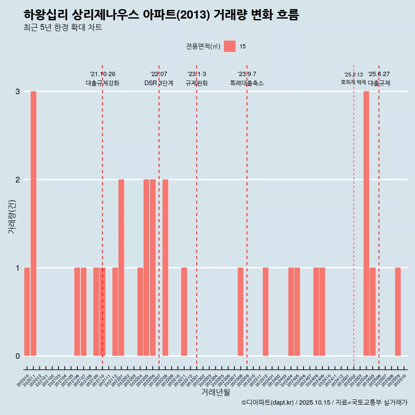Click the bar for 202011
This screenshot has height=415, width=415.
coord(33,223)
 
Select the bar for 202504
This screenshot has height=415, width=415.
coord(366,223)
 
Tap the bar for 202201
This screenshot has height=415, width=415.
coord(121,268)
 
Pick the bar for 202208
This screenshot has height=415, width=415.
coord(165,268)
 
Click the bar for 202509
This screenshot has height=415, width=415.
coord(398,312)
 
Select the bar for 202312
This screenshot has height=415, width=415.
coord(265,312)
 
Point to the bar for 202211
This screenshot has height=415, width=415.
coord(184,312)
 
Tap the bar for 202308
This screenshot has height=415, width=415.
coord(240,312)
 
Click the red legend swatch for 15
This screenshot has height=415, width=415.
coord(230,46)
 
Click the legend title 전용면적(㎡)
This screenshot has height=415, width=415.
coord(203,47)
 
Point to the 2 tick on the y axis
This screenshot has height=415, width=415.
coord(18,179)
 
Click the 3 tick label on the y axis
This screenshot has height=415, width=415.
coord(18,91)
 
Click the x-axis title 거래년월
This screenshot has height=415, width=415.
coord(215,393)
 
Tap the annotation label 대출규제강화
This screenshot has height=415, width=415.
coord(102,83)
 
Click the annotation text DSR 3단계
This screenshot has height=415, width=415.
coord(159,83)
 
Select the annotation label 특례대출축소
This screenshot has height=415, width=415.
coord(247,83)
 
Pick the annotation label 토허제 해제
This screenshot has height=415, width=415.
coord(354,82)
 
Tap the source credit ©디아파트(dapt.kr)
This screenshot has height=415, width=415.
coord(268,402)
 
